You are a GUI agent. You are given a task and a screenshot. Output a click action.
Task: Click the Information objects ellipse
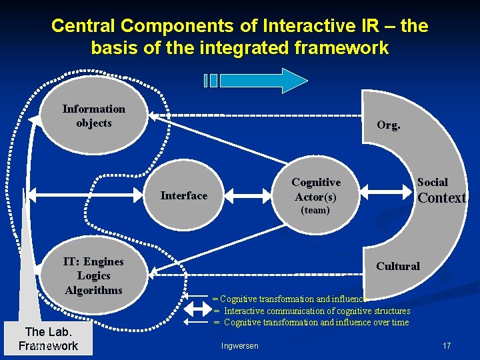pos(94,116)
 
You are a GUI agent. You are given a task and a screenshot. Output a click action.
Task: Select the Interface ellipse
pos(184,195)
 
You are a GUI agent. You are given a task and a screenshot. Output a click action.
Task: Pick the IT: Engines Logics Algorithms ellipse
pos(93,275)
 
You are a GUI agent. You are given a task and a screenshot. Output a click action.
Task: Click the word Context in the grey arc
pos(441,198)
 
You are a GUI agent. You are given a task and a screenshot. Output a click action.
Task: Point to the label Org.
pos(389,125)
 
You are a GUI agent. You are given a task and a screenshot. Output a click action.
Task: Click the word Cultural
pos(397,266)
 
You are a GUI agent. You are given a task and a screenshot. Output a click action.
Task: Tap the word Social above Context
pos(433,182)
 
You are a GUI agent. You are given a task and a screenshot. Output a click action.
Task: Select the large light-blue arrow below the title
pos(263,81)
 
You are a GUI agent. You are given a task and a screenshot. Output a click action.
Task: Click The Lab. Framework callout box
pos(48,339)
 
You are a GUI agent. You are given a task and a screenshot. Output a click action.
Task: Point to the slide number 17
pos(447,345)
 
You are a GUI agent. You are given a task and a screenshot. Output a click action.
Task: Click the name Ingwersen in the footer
pos(239,345)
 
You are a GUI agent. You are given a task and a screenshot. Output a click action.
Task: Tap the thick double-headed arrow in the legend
pos(197,310)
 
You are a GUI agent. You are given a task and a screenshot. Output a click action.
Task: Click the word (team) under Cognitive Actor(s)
pos(315,210)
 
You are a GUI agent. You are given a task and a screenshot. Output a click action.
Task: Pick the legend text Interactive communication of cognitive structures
pos(317,311)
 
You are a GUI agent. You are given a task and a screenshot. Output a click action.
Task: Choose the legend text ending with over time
pos(317,322)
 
